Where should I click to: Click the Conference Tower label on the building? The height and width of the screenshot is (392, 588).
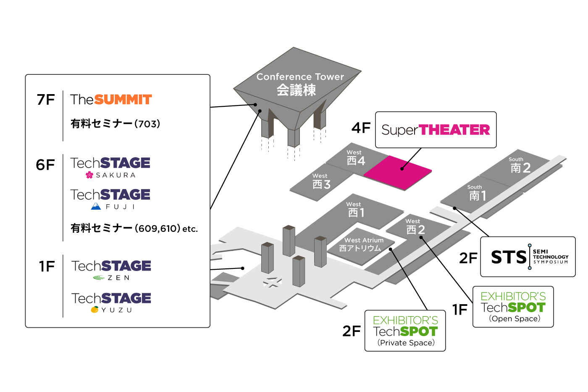(299, 84)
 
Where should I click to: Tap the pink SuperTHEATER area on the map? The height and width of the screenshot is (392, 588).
(397, 172)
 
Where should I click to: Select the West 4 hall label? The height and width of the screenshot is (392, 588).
(356, 158)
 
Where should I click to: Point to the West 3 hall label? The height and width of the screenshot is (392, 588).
(321, 182)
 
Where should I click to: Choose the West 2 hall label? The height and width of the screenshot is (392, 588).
(415, 227)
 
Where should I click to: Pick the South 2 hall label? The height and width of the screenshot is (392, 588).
(520, 166)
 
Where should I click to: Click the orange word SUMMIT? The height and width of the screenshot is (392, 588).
(123, 100)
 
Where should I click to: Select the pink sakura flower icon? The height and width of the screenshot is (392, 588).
(89, 175)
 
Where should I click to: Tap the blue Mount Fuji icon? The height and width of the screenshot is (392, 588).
(96, 206)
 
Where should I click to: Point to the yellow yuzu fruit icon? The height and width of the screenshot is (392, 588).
(95, 310)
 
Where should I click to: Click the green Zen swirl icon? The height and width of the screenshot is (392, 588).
(99, 277)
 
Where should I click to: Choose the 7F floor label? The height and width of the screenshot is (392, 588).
(46, 100)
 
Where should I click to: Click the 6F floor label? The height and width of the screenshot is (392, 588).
(45, 165)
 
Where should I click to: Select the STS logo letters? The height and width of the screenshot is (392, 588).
(509, 257)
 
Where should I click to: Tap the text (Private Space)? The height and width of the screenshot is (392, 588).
(406, 343)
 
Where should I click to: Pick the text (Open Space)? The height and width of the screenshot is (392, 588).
(514, 318)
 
